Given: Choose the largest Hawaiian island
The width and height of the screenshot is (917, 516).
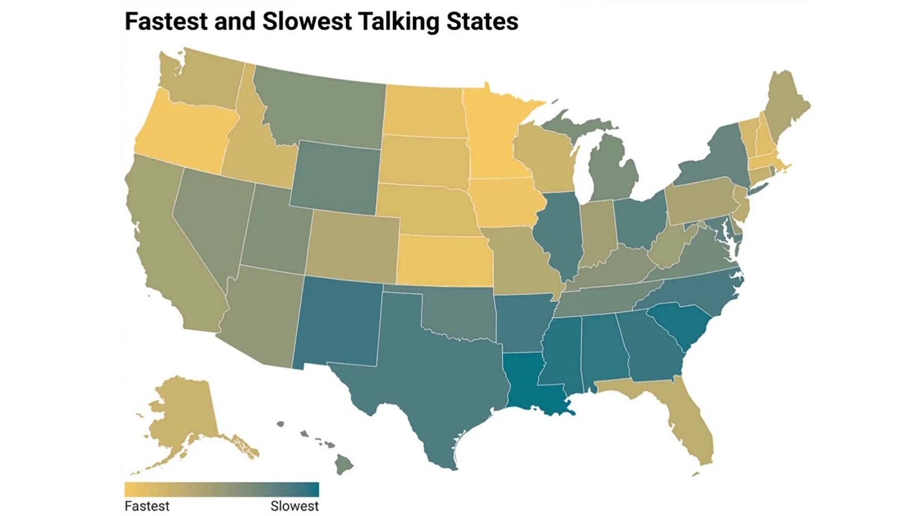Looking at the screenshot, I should tap(343, 464).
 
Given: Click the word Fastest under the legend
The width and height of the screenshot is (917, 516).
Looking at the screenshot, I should tap(147, 506).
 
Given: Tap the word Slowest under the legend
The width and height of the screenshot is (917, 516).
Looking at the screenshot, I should tap(294, 506).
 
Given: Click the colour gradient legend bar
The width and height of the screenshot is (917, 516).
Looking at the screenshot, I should tap(222, 490).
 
